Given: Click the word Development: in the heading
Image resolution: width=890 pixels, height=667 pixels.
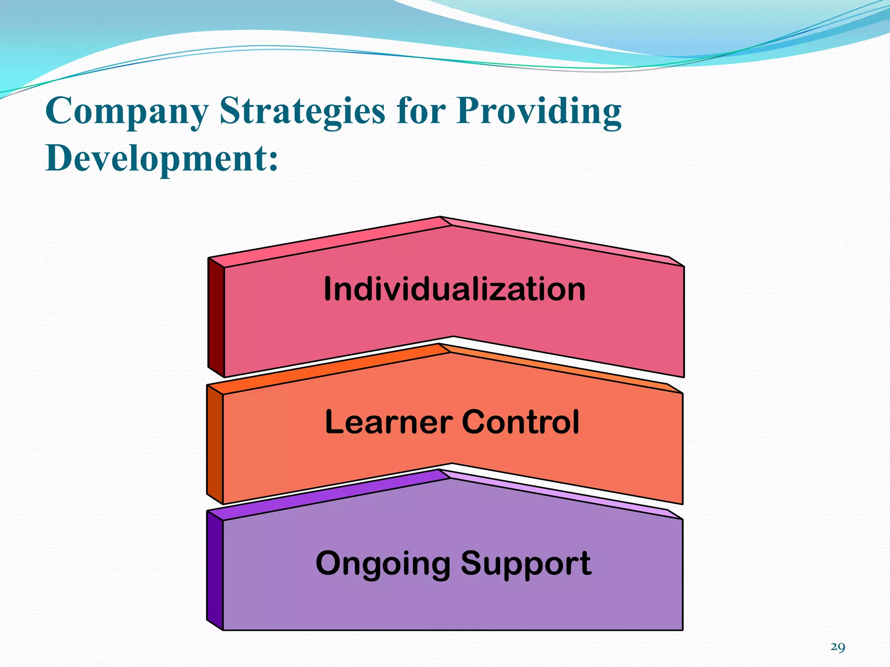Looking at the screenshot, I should [x=161, y=158].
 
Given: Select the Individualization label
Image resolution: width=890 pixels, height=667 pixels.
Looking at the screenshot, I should [x=455, y=289].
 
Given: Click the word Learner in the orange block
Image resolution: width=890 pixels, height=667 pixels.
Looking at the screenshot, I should [x=389, y=422].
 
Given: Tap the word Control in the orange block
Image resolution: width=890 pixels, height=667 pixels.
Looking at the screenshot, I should [x=521, y=422].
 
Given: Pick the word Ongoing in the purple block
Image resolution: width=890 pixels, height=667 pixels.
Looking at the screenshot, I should [x=383, y=564].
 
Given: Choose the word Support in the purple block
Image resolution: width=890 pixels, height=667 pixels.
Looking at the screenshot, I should [x=526, y=564].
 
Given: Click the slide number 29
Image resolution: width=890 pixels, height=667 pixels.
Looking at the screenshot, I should [x=838, y=647].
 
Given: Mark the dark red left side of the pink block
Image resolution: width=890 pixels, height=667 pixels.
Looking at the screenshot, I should [x=216, y=317].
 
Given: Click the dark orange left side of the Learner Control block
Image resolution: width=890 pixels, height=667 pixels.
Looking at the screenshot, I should [x=215, y=444].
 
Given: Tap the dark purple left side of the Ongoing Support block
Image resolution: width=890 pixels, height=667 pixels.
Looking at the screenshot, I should [x=215, y=570].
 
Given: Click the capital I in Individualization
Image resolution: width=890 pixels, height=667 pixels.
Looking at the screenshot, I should [x=328, y=289].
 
